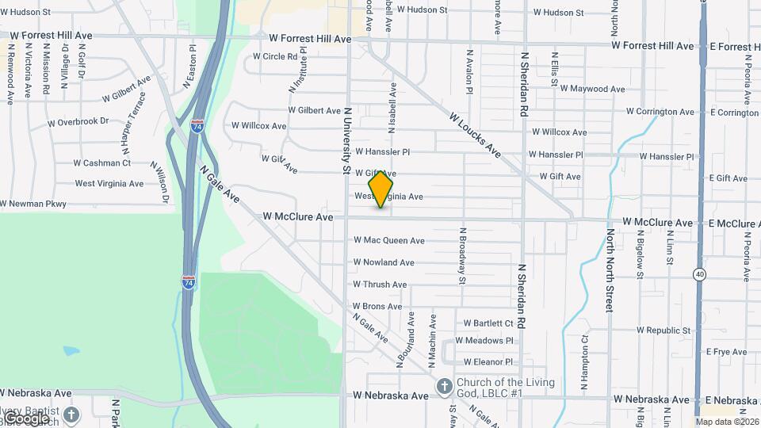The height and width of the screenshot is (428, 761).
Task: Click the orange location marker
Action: click(381, 189)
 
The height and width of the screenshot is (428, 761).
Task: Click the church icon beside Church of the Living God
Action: click(445, 386)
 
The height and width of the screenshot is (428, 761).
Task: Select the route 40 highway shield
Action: click(699, 274)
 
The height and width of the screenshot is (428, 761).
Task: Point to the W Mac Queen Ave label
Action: click(388, 240)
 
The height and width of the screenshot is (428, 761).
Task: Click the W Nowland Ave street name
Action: click(384, 262)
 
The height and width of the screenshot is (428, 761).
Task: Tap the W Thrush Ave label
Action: click(380, 285)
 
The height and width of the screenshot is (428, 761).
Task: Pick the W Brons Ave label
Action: click(377, 306)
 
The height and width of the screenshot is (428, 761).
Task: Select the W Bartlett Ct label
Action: click(488, 323)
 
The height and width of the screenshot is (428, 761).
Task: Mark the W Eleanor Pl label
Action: click(488, 361)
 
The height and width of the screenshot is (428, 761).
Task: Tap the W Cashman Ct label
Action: click(102, 163)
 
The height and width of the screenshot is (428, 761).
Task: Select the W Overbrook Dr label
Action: click(78, 122)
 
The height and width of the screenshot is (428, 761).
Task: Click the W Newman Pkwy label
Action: click(33, 204)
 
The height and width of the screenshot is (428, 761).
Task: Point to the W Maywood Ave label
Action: click(592, 89)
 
